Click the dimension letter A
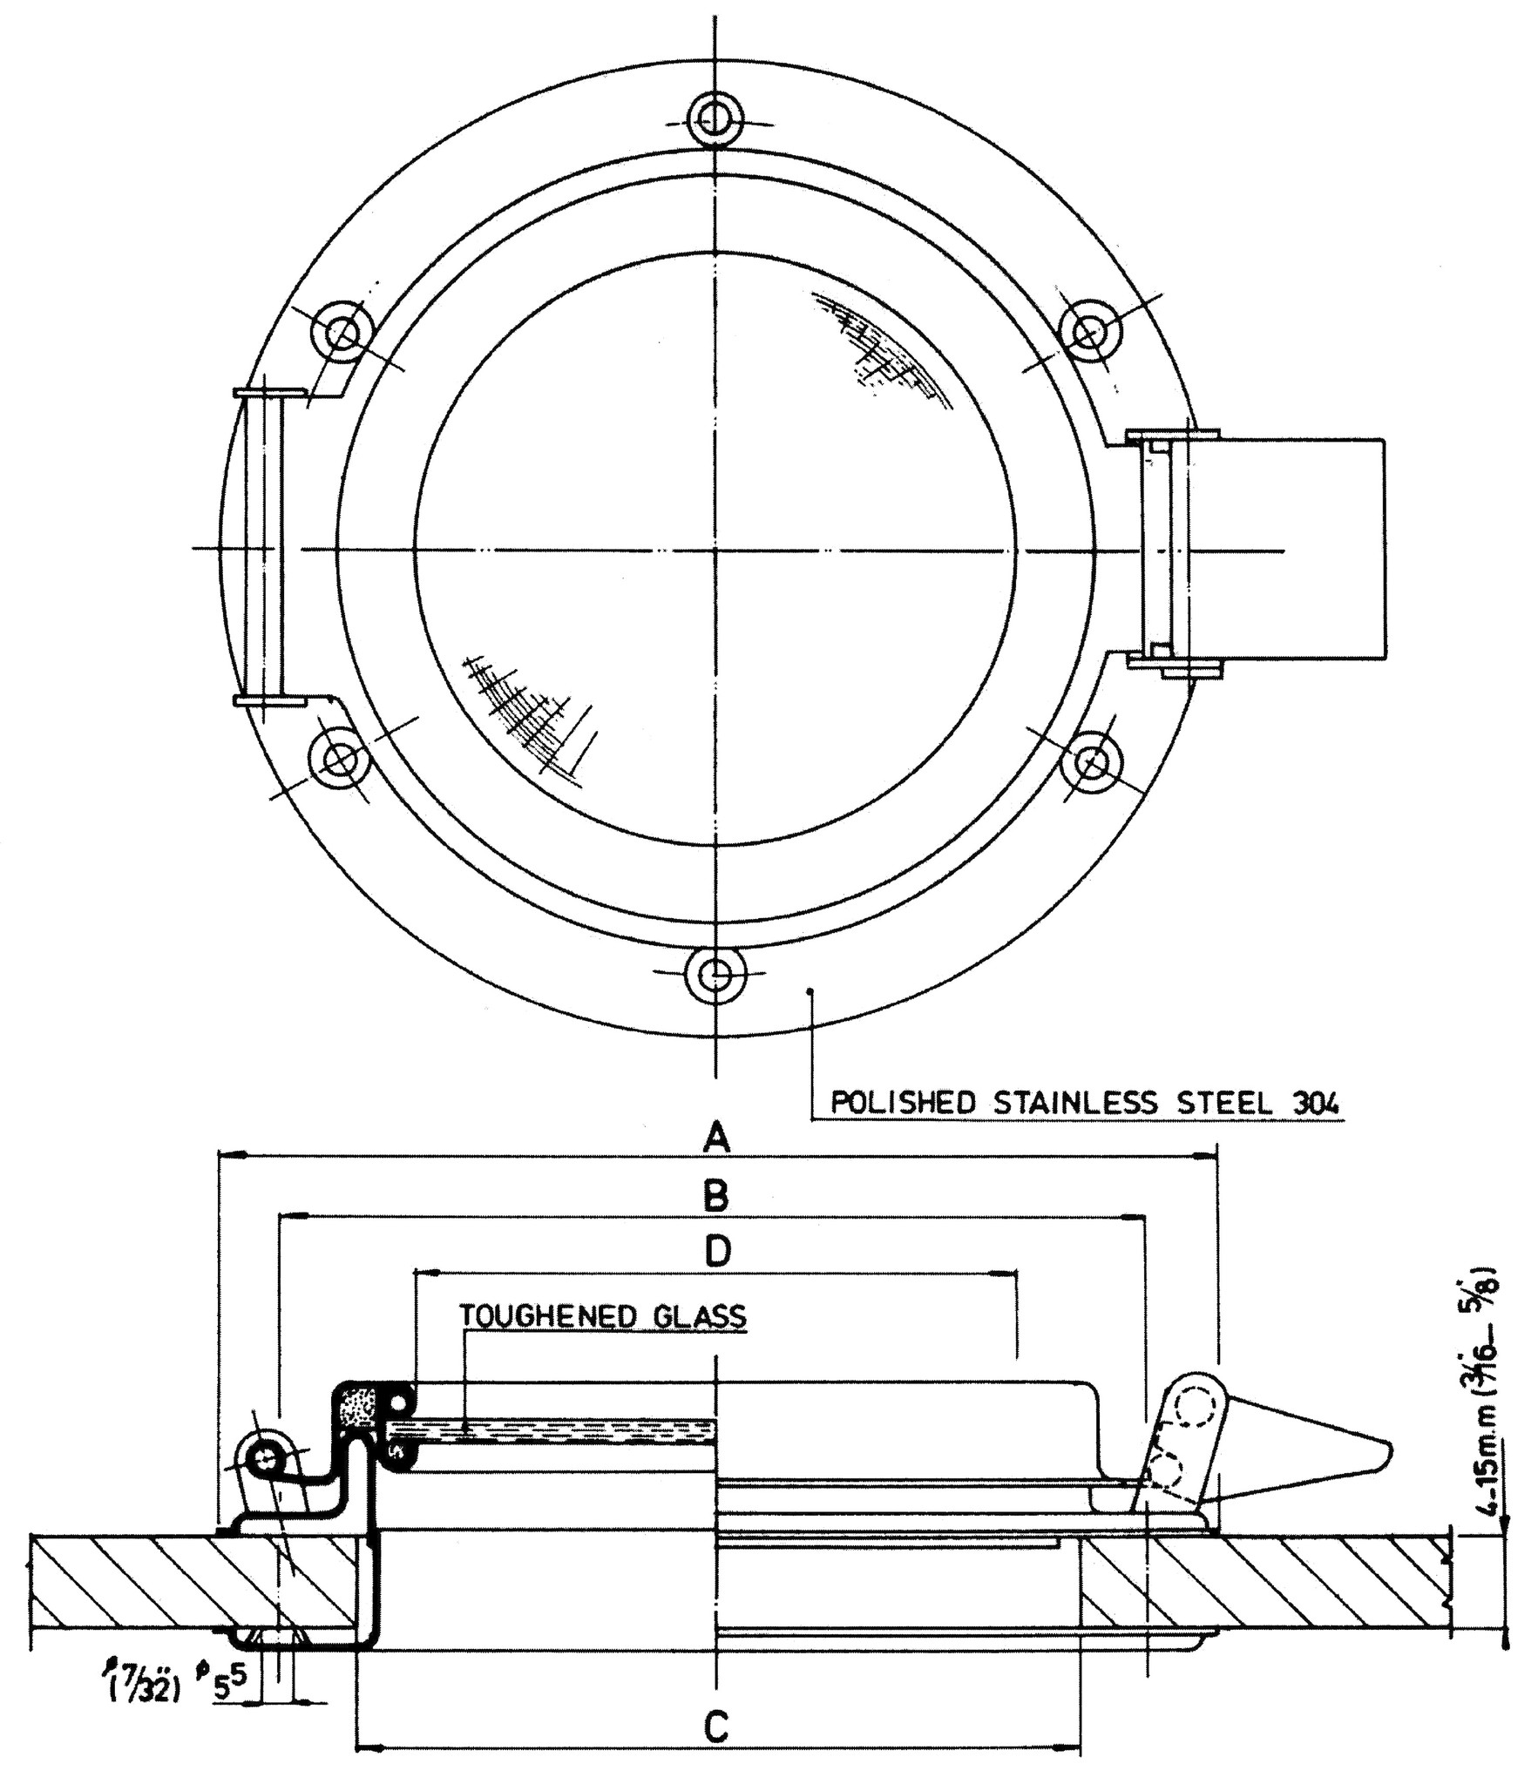(x=715, y=1138)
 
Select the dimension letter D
(x=717, y=1252)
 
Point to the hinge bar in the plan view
(x=264, y=549)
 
